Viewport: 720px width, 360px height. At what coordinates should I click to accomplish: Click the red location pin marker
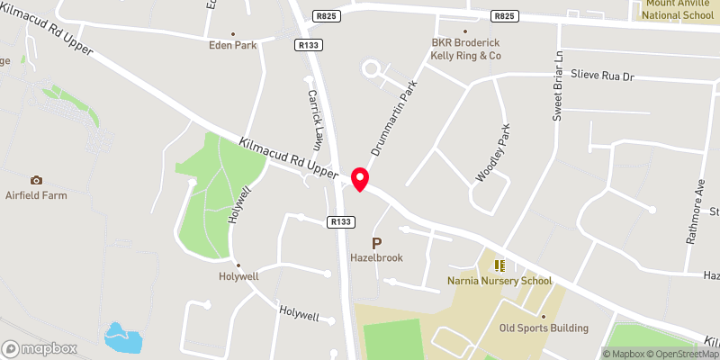(360, 179)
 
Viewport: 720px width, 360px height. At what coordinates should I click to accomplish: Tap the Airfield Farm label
(36, 194)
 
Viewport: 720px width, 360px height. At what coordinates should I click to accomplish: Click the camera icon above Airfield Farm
(36, 180)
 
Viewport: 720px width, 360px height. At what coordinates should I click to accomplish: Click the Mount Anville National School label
(676, 10)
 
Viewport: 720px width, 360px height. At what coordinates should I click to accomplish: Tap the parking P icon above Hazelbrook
(377, 243)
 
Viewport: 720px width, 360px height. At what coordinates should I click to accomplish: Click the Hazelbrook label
(377, 257)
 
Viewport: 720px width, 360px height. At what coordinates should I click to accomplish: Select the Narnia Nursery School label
(499, 281)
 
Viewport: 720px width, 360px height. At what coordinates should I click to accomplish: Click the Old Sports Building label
(544, 328)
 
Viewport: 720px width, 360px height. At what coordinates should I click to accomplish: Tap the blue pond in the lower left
(123, 337)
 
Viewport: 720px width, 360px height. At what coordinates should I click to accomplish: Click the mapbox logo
(39, 348)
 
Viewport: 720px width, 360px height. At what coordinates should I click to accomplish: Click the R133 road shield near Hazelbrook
(340, 221)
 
